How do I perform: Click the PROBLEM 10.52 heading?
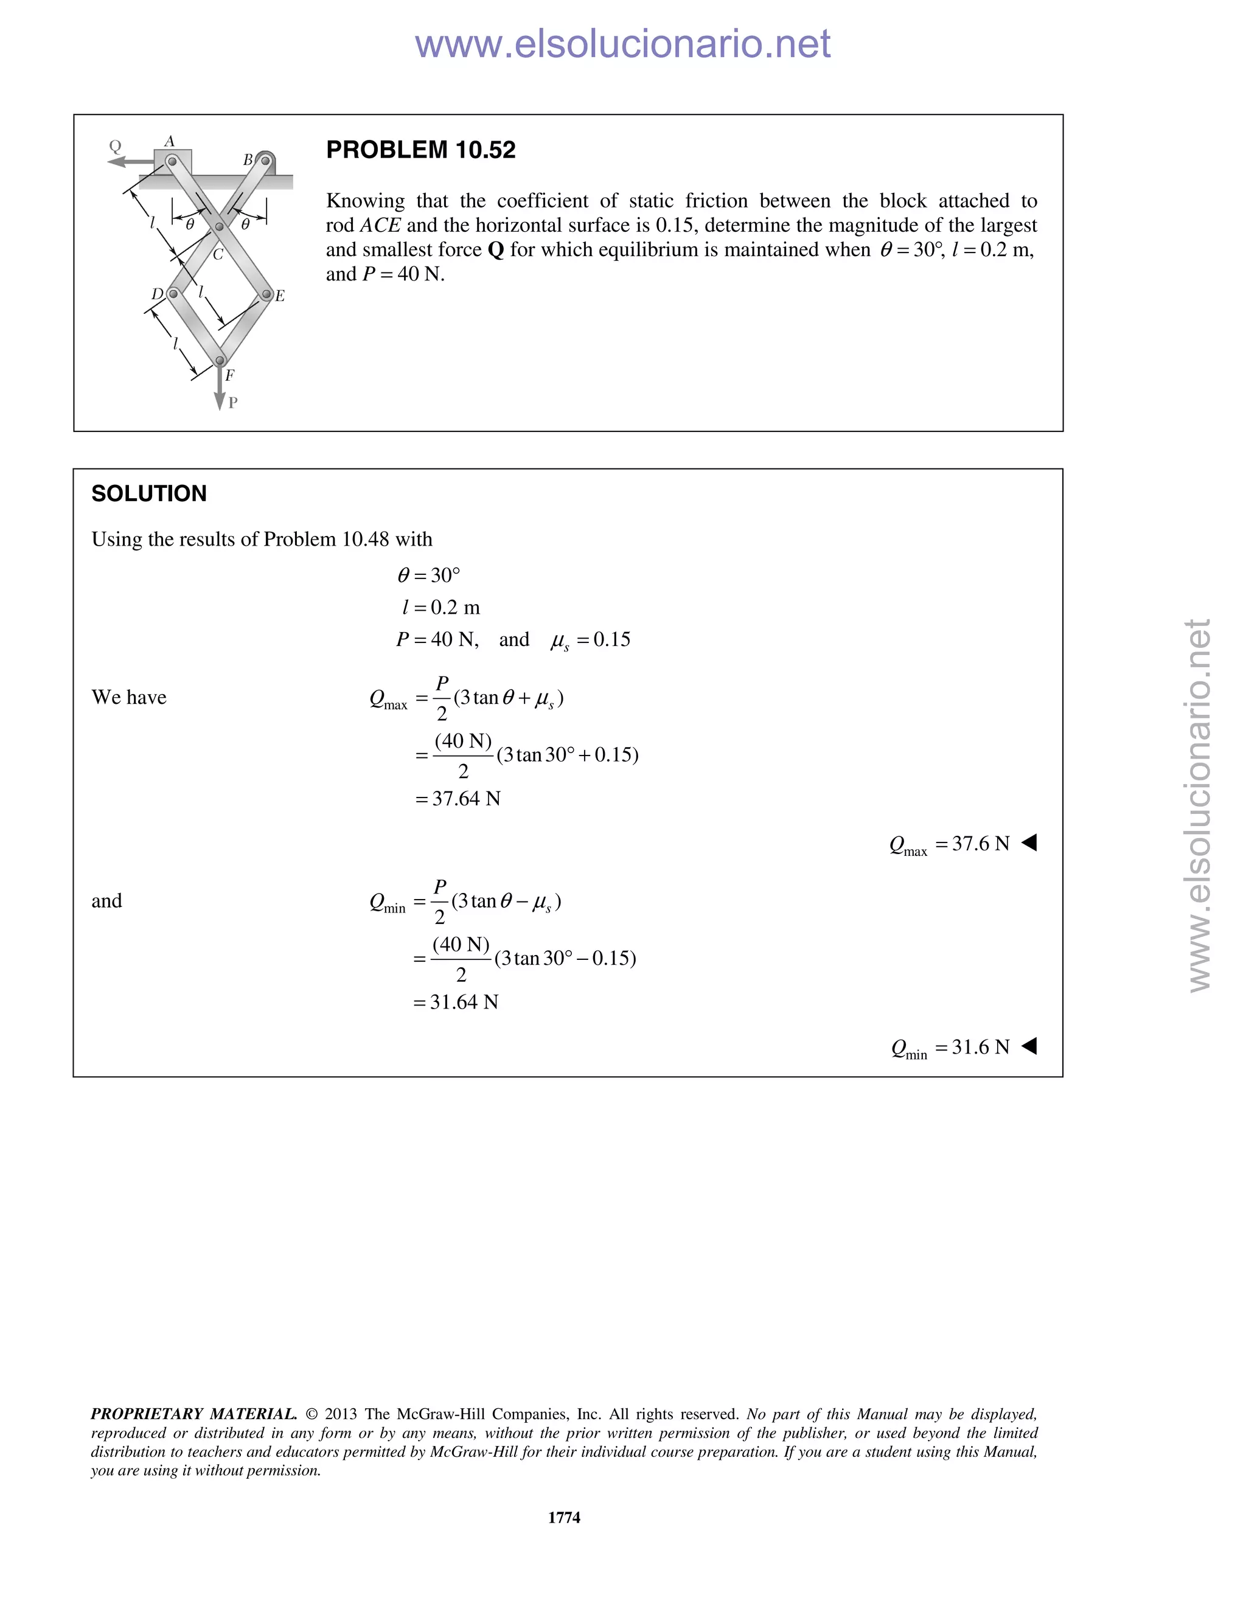point(421,150)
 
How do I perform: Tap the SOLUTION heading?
point(148,494)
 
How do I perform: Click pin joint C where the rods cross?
point(219,227)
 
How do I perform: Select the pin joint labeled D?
point(173,294)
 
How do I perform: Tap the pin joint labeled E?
point(266,294)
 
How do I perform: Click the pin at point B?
point(266,160)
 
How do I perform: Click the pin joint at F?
point(219,361)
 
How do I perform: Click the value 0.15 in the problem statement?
point(674,225)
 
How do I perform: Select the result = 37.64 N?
point(458,799)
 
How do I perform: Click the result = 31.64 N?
point(456,1002)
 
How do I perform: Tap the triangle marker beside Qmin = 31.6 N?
point(1029,1046)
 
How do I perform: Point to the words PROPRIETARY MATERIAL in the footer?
point(193,1414)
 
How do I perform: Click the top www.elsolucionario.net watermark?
point(622,44)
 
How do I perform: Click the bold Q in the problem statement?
point(496,250)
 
